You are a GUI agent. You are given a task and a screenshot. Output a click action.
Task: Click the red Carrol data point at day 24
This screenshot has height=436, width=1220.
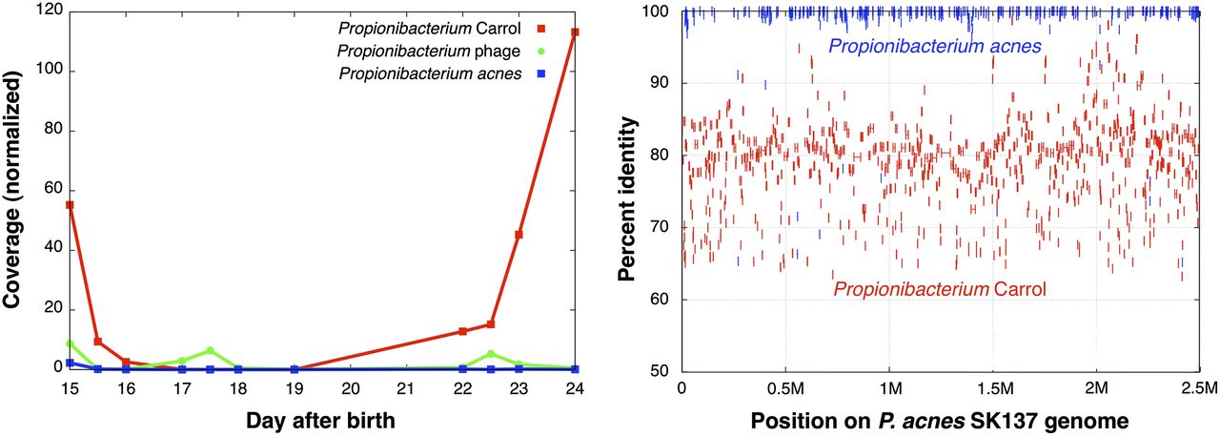coord(575,32)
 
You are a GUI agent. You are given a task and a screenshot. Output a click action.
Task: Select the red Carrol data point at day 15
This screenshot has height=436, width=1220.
coord(70,205)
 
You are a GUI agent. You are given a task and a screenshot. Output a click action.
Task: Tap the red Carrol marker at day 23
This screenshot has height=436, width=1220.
coord(518,235)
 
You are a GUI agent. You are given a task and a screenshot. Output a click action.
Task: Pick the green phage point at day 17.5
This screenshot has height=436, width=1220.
coord(210,351)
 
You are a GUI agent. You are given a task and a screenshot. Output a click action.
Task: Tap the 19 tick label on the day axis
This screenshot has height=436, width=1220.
coord(295,388)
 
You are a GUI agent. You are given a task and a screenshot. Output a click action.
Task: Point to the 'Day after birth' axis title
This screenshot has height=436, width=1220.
coord(321,420)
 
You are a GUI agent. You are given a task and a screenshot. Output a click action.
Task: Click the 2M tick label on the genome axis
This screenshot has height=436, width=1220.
coord(1096,389)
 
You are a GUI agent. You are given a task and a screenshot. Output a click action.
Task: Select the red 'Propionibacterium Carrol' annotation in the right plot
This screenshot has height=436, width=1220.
coord(940,287)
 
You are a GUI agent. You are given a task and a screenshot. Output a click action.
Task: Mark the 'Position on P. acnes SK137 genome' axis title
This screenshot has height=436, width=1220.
coord(940,420)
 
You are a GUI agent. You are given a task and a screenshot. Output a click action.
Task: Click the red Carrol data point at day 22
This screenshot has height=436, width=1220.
coord(462,332)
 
